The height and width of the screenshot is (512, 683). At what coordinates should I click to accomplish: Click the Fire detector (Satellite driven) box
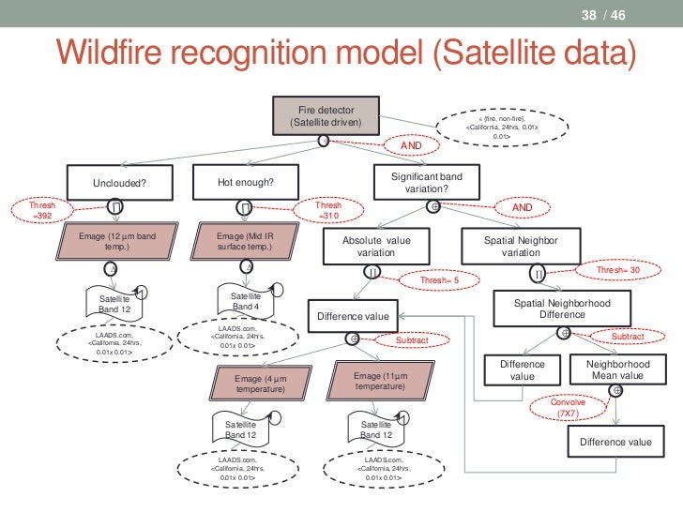(326, 115)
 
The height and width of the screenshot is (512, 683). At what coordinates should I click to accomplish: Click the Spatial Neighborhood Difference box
(562, 309)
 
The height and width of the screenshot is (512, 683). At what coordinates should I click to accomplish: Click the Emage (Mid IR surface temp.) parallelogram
(244, 242)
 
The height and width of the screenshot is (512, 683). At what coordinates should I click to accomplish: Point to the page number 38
(589, 15)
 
